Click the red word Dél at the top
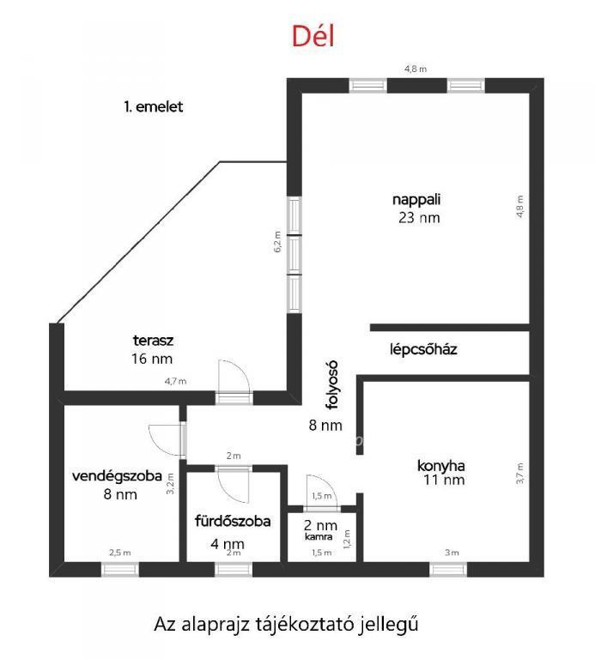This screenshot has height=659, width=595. pos(313,36)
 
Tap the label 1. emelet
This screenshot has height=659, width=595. pos(154,106)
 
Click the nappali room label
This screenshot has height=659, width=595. pos(416,199)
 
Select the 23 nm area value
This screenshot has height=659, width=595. pos(419,218)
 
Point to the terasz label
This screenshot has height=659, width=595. pos(153,341)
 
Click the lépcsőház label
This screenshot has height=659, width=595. pos(423,349)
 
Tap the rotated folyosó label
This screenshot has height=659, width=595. pos(332,385)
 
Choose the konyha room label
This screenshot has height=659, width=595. pos(441,466)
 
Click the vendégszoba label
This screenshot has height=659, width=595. pos(117,476)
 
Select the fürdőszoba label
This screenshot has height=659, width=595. pos(233,521)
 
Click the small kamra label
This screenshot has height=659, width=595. pos(319,536)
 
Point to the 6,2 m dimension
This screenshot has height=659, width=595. pos(277,242)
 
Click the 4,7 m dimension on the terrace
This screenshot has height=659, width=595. pos(175,382)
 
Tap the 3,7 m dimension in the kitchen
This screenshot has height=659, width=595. pos(520,474)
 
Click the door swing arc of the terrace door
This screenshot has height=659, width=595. pos(243,370)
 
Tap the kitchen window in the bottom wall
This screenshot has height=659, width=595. pos(448,570)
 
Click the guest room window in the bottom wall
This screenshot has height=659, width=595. pos(120,570)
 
